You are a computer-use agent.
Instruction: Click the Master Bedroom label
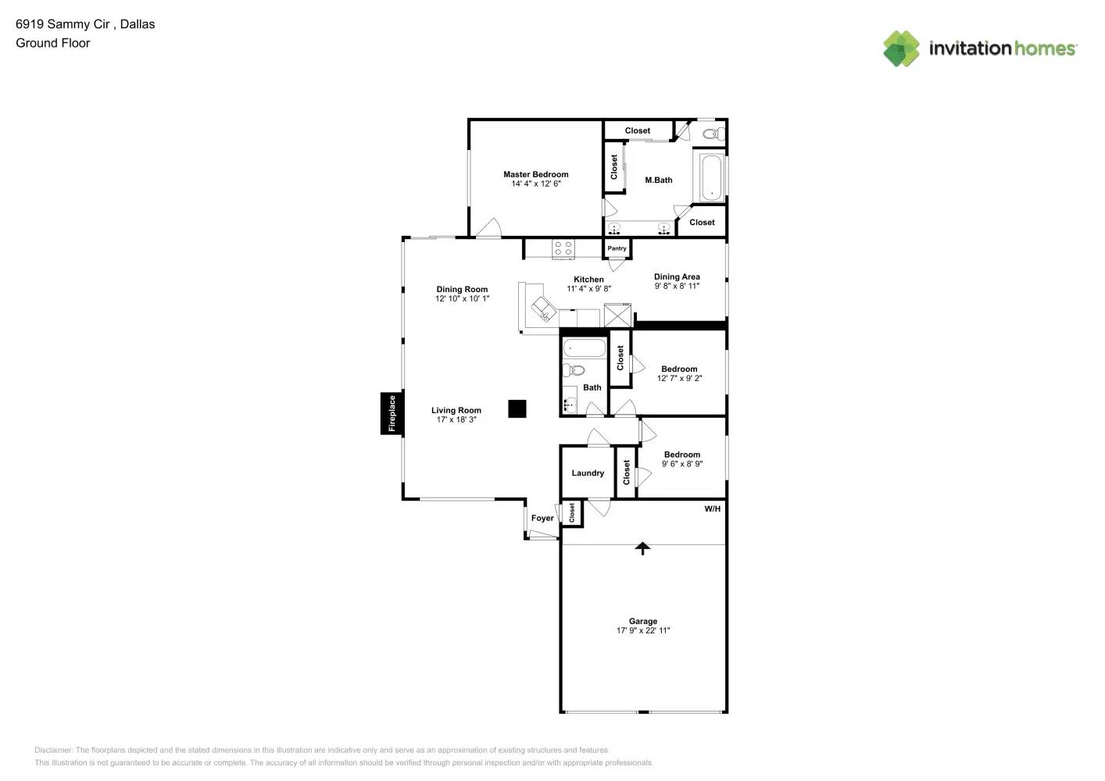pos(535,174)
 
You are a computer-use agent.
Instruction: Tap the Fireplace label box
pos(392,413)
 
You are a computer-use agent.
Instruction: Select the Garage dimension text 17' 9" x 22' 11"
pos(643,631)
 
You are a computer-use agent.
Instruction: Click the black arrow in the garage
pos(642,548)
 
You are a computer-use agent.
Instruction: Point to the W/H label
pos(712,509)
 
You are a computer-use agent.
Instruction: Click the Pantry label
pos(617,248)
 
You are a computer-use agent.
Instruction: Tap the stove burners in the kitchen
pos(563,249)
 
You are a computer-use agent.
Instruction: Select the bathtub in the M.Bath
pos(711,179)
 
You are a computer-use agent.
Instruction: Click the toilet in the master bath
pos(712,134)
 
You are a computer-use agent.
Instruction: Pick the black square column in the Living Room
pos(517,408)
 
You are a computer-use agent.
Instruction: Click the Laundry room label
pos(588,473)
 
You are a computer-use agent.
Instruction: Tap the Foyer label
pos(542,519)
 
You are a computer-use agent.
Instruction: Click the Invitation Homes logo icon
pos(901,48)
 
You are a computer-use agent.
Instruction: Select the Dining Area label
pos(677,276)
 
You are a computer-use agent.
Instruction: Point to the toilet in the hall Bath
pos(574,370)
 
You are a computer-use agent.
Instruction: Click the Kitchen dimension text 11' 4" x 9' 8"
pos(588,289)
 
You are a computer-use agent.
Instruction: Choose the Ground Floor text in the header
pos(53,43)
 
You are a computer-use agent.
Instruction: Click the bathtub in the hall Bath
pos(584,348)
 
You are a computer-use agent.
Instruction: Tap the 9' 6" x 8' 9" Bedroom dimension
pos(682,464)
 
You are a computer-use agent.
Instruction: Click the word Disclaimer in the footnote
pos(53,751)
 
